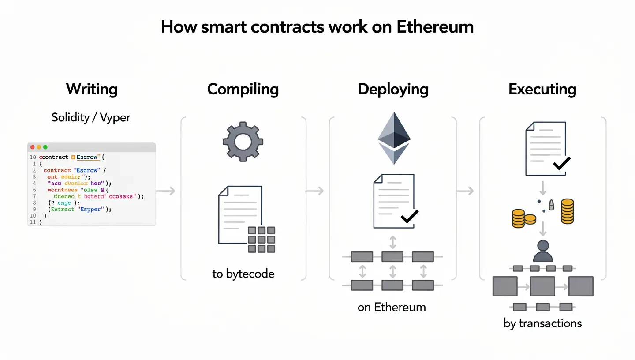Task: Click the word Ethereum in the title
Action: tap(435, 27)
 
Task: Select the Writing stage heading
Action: tap(92, 89)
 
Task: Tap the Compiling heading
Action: tap(243, 89)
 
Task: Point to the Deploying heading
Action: tap(393, 89)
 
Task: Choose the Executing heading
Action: tap(542, 89)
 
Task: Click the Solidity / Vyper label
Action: tap(91, 117)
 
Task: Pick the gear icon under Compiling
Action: tap(243, 142)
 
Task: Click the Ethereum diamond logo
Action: tap(393, 138)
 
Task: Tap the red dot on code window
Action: tap(32, 147)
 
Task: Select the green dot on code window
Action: tap(45, 147)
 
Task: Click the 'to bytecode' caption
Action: tap(243, 274)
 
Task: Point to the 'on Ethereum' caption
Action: tap(392, 307)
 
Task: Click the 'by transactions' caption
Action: tap(542, 323)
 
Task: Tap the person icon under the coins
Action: tap(543, 251)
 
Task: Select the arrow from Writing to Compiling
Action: tap(166, 191)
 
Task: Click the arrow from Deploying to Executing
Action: tap(465, 191)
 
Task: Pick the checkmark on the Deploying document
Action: tap(409, 216)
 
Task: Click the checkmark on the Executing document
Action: tap(561, 164)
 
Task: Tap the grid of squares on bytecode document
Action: tap(261, 240)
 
